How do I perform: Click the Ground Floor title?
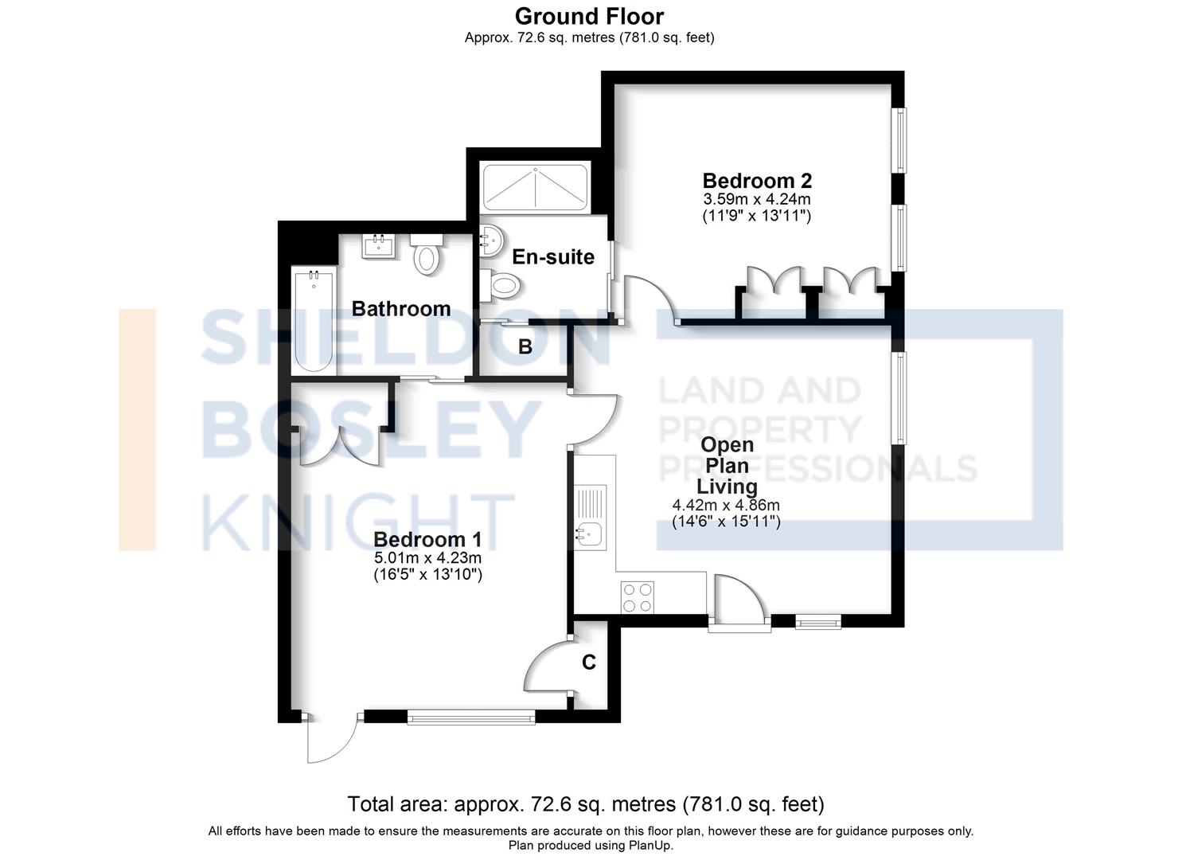589,16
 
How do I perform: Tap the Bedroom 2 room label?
756,181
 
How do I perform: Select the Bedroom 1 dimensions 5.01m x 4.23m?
427,557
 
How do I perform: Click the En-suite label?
552,256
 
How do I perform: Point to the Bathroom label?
400,308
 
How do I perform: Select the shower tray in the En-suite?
536,188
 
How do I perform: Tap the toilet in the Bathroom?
427,255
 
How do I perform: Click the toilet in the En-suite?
501,284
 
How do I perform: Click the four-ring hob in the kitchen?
638,597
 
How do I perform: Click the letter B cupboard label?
525,346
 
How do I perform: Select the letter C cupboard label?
589,662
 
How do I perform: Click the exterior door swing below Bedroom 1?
330,739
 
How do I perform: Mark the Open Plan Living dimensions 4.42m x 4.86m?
725,505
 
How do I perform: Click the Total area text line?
586,803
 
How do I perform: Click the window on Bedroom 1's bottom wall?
470,718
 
